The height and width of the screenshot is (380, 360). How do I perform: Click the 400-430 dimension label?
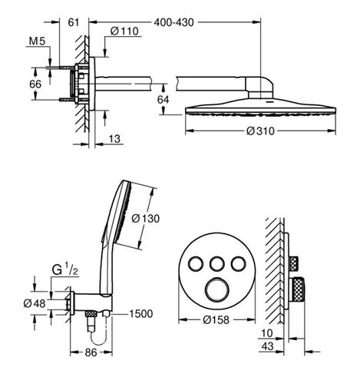(173, 22)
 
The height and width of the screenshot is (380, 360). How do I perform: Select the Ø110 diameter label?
(124, 31)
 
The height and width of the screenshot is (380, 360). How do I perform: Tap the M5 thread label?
(37, 41)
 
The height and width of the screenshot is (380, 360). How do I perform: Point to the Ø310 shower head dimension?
(260, 131)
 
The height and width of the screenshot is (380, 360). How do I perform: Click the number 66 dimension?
(35, 84)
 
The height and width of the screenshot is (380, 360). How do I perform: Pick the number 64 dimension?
(163, 99)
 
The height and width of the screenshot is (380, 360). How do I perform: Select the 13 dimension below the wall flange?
(114, 139)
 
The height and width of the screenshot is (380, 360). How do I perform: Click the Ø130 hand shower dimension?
(145, 219)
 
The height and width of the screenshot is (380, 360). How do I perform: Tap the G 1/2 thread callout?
(64, 270)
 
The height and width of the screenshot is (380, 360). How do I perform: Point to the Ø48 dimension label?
(35, 304)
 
